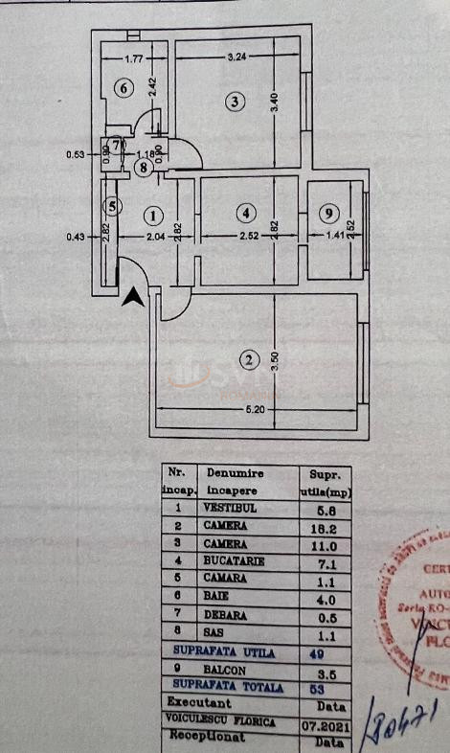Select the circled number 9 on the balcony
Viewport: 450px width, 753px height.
click(x=329, y=213)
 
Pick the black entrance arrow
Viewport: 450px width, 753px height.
click(x=134, y=297)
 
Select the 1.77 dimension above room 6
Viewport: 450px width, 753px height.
click(x=134, y=57)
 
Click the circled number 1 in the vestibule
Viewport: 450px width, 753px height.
click(x=154, y=216)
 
